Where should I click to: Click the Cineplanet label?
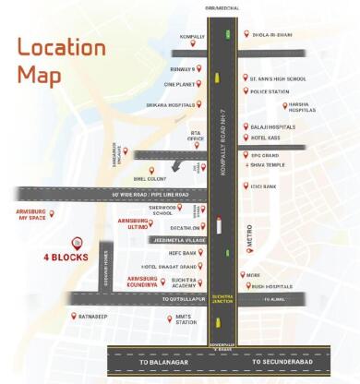click(180, 84)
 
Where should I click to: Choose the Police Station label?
click(270, 92)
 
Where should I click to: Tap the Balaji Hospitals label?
click(270, 126)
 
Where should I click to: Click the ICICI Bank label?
click(269, 185)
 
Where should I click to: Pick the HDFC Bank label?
click(183, 252)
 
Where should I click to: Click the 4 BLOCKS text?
click(66, 258)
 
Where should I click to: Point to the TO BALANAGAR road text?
click(157, 363)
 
